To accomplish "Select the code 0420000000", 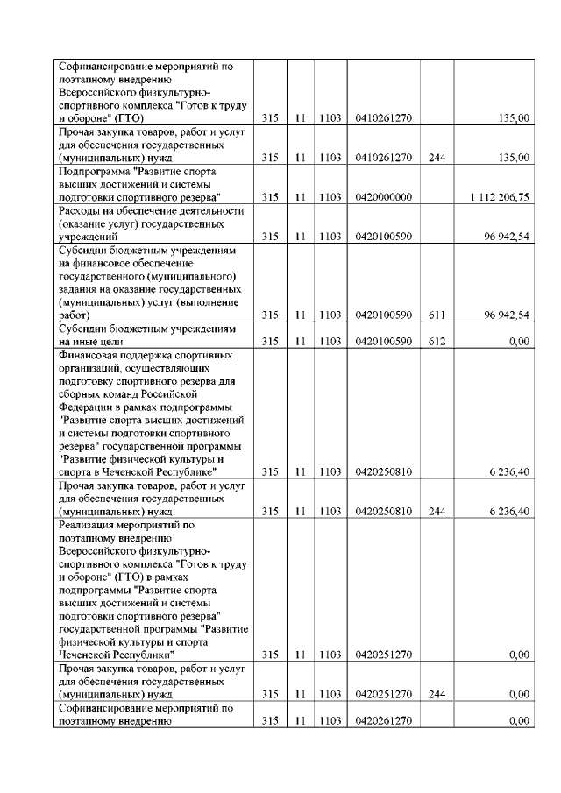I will pos(384,197).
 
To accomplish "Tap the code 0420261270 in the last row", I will pos(384,721).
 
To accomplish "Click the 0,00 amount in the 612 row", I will pos(518,343).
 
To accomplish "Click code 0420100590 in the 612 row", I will pos(384,343).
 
